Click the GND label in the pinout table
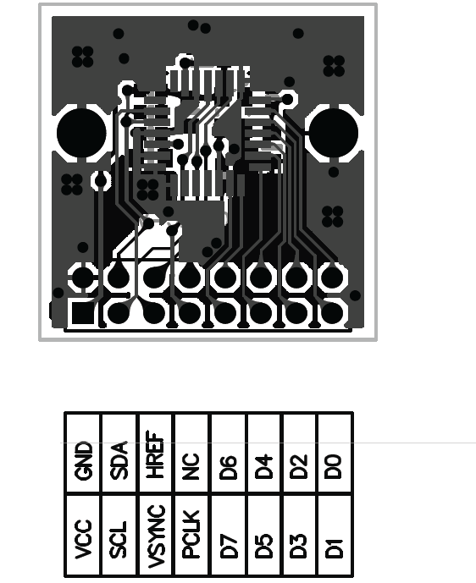click(83, 460)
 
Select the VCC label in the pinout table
click(83, 539)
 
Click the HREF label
click(155, 454)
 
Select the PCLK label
click(191, 534)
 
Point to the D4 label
click(263, 466)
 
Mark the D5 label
click(263, 546)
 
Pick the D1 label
click(334, 548)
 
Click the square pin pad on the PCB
click(82, 313)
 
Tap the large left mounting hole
click(81, 133)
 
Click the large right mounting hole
click(334, 133)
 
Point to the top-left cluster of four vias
click(82, 57)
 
